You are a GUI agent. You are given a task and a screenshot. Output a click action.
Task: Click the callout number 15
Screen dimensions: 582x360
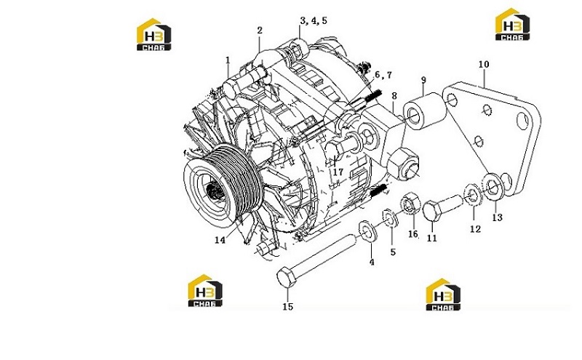288,307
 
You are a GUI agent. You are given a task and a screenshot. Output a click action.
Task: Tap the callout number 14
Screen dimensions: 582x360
220,240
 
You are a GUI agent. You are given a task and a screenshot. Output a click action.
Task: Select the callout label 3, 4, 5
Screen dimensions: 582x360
314,21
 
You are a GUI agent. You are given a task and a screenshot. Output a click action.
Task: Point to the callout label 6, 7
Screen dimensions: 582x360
383,75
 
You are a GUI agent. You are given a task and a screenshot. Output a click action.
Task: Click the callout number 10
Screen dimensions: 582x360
484,64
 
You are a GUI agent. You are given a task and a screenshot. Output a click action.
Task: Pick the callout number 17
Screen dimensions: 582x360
338,172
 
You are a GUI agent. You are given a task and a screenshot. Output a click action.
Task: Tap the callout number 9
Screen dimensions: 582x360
423,80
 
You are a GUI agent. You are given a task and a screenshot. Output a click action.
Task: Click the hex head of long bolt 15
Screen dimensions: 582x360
287,277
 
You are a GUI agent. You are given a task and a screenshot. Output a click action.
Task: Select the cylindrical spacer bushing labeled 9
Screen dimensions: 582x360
424,111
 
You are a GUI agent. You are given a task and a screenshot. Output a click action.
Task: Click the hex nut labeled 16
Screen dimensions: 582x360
410,203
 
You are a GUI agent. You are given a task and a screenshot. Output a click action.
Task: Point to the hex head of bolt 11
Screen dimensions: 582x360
431,210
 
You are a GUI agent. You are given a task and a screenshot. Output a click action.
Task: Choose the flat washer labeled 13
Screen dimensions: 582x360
493,185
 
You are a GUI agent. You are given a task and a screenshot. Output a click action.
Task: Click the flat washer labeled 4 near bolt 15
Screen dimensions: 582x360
367,231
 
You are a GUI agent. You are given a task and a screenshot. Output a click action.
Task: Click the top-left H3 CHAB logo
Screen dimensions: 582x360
154,34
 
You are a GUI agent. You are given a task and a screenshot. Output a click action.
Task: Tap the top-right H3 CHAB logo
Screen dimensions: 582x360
513,24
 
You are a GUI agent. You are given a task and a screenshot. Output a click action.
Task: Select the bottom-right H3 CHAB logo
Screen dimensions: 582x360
443,295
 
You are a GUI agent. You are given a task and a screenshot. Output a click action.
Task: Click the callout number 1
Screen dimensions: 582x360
228,60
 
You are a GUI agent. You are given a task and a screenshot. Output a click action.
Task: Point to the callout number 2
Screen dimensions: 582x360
260,31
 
